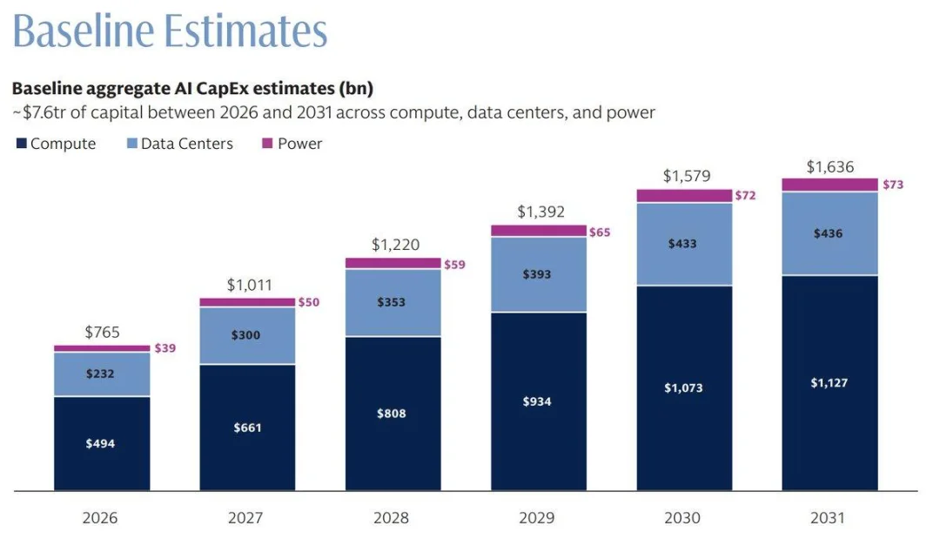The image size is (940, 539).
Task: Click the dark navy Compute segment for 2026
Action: [102, 444]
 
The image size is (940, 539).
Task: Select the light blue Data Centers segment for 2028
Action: [393, 303]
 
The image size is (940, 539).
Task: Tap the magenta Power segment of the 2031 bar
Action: [829, 185]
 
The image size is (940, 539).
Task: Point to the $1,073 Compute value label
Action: [683, 387]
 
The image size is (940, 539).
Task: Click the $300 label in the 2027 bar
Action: [245, 335]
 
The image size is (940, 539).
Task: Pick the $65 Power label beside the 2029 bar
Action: [600, 232]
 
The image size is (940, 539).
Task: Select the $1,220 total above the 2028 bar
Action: [396, 245]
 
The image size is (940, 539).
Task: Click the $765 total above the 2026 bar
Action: [102, 332]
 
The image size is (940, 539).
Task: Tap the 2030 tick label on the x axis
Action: [682, 517]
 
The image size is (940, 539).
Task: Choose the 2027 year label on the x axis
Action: [245, 517]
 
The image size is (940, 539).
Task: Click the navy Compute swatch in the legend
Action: [22, 144]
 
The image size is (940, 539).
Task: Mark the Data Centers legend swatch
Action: [132, 144]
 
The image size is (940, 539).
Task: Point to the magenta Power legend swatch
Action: [267, 144]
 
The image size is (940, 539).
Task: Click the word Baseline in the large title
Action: [84, 30]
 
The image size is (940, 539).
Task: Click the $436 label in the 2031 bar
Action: [828, 233]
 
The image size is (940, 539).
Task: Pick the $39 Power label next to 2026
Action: [164, 347]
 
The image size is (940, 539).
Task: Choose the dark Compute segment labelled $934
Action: [539, 401]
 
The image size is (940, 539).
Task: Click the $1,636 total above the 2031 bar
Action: [830, 166]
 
